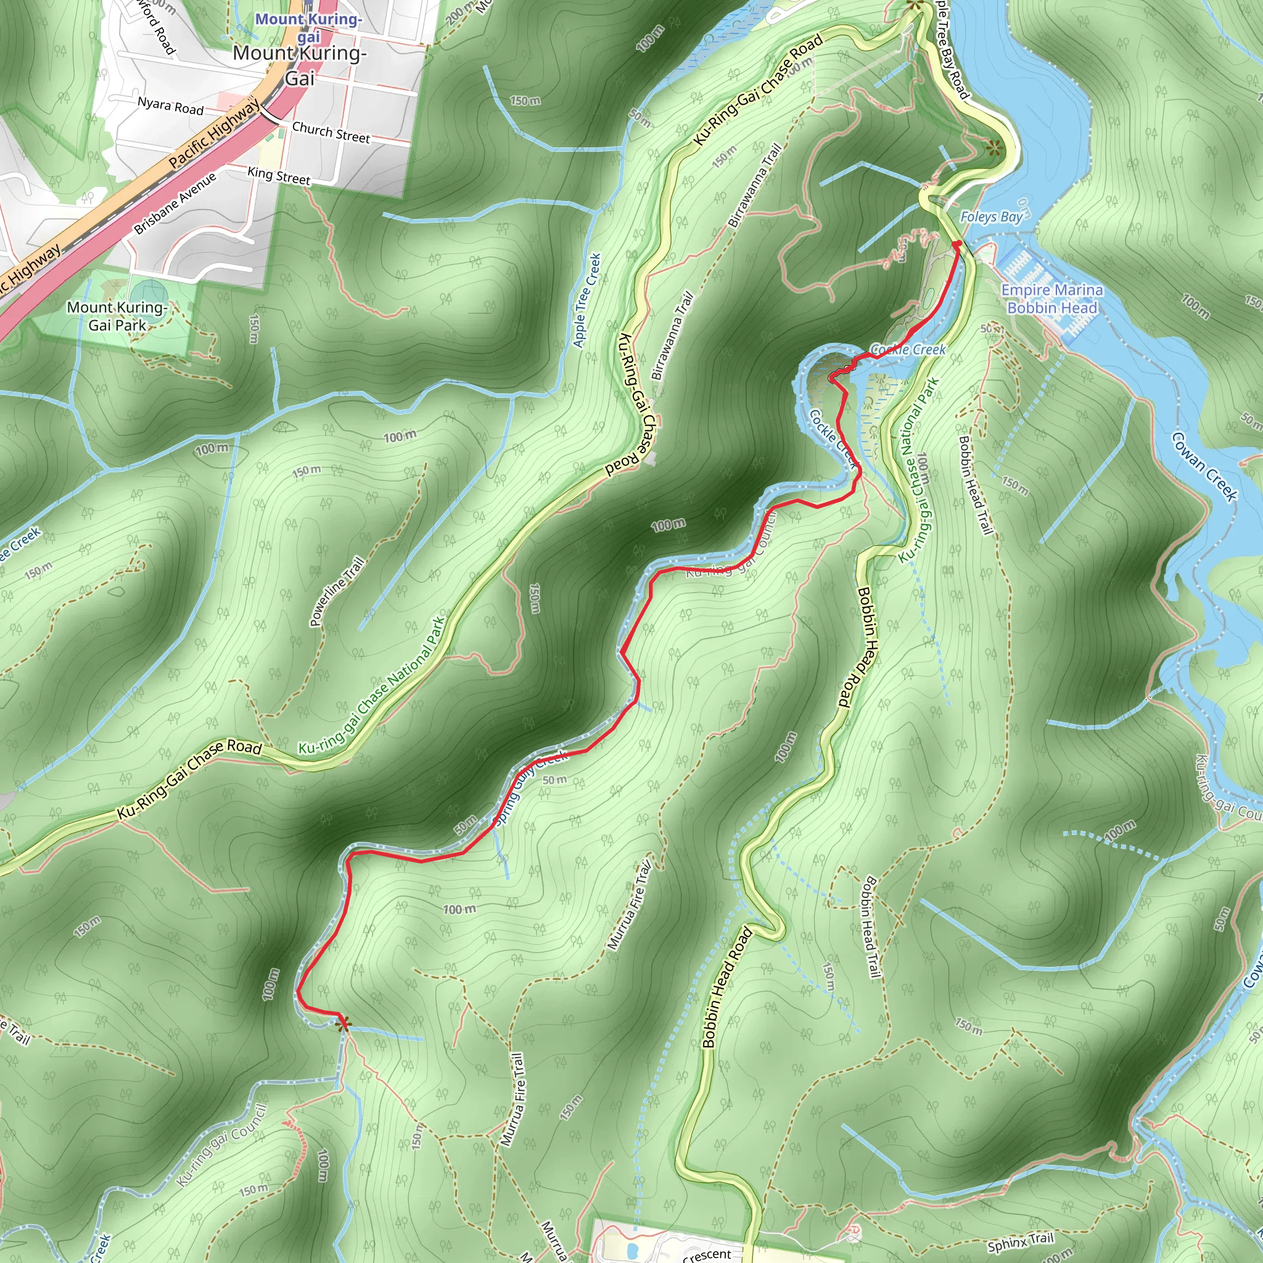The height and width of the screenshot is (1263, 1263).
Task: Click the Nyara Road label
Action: point(170,106)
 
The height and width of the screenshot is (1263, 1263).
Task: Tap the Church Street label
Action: point(331,132)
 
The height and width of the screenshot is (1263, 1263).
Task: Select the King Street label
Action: point(279,176)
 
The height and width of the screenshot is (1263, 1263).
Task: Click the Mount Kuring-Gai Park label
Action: point(117,316)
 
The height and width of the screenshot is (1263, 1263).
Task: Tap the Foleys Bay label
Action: point(990,217)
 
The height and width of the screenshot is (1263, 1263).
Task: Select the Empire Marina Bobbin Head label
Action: point(1051,298)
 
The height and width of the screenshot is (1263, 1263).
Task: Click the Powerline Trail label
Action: point(337,591)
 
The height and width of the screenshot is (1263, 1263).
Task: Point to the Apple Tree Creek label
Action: point(586,300)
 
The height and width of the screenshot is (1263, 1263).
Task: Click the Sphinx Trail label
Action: point(1021,1241)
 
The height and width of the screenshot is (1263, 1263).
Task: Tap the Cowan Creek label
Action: point(1204,467)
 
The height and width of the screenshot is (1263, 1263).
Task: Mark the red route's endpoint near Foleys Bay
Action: point(957,244)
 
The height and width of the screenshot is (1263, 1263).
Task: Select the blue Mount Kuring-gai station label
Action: point(308,28)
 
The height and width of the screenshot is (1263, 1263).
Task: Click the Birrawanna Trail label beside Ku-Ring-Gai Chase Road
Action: point(672,335)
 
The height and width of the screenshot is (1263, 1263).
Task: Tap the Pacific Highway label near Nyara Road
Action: point(213,134)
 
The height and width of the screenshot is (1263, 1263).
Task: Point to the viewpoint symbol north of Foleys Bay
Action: point(993,148)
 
